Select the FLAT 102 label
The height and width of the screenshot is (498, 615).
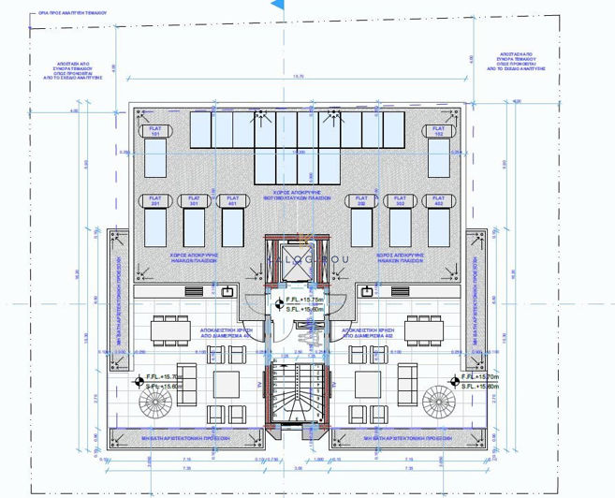437,132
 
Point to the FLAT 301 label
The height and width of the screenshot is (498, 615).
194,200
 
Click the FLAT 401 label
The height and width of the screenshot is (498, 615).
231,200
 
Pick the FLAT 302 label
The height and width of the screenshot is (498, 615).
399,200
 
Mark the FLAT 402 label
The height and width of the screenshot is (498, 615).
435,200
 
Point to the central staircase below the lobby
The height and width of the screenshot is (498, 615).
298,393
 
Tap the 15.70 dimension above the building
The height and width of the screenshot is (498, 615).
299,77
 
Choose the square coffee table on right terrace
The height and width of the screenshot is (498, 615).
368,384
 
